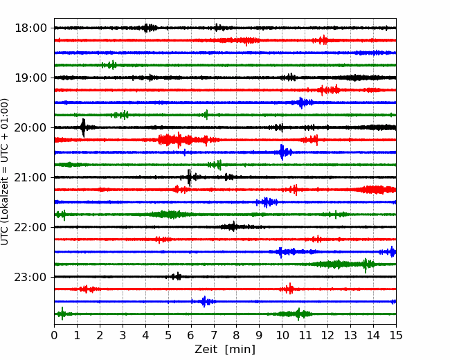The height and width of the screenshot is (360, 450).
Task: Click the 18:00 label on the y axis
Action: click(30, 28)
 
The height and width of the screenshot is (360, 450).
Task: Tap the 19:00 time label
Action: click(30, 78)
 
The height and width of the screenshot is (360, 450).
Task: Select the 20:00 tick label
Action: click(30, 127)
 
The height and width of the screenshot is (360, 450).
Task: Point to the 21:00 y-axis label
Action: click(30, 177)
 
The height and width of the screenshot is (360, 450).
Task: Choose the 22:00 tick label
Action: click(30, 227)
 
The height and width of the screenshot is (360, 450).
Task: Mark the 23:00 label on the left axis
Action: click(30, 277)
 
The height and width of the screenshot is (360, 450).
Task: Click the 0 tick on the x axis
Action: click(54, 335)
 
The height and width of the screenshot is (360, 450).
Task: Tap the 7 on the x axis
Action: click(214, 335)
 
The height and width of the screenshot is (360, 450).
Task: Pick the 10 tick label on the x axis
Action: click(282, 335)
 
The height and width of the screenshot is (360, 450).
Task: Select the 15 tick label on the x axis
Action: click(396, 335)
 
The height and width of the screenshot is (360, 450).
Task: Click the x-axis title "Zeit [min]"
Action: click(225, 350)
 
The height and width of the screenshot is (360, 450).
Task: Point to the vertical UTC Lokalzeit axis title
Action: click(5, 172)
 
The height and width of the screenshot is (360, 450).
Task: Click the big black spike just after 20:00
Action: click(83, 128)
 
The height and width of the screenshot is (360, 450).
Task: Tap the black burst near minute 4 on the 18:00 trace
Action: click(148, 28)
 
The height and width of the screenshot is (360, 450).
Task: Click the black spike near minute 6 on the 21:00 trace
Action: click(189, 178)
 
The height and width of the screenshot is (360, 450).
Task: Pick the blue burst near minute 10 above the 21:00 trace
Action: click(282, 152)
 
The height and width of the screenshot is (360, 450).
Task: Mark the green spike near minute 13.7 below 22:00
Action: click(366, 265)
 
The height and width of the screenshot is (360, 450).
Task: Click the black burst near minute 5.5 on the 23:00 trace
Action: click(177, 276)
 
